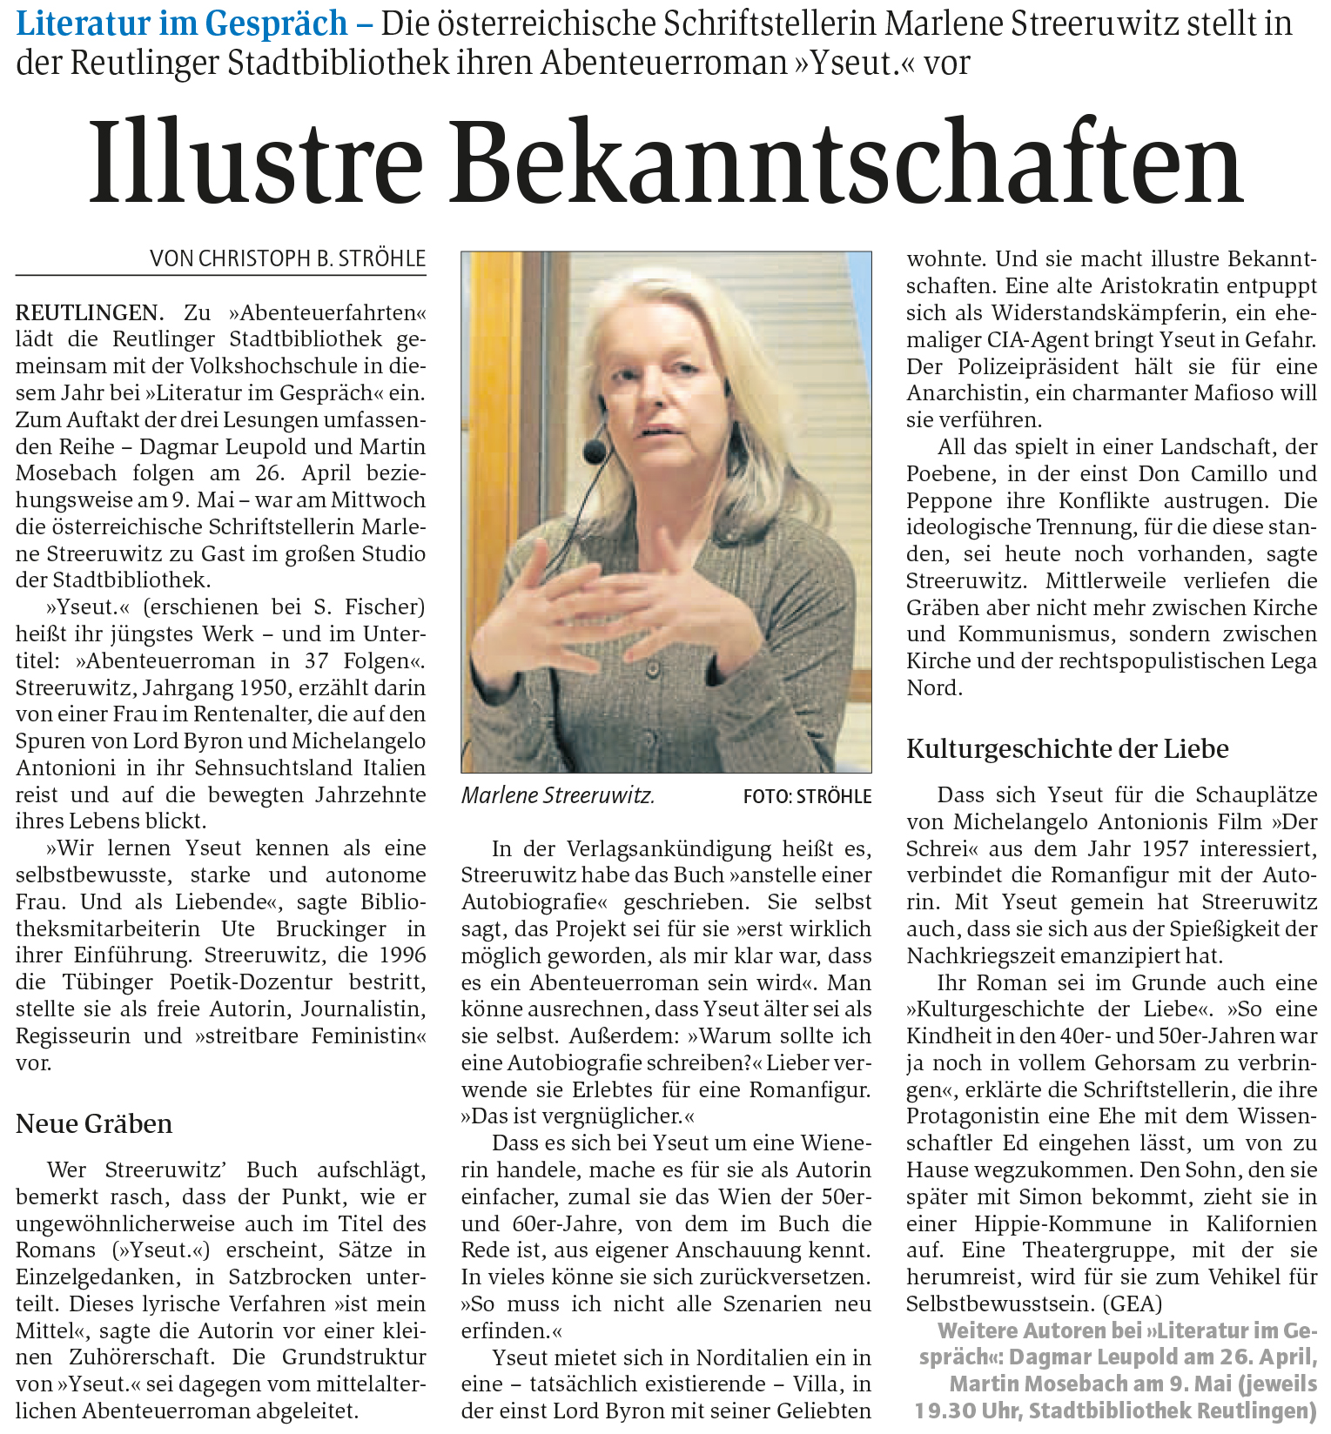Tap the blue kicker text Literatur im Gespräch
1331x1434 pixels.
pyautogui.click(x=181, y=23)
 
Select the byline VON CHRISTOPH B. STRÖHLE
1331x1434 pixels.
pyautogui.click(x=287, y=258)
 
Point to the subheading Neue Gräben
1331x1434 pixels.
pyautogui.click(x=94, y=1123)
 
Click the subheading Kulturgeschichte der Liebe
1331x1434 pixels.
pyautogui.click(x=1067, y=748)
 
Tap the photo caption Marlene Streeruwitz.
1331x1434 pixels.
pyautogui.click(x=557, y=795)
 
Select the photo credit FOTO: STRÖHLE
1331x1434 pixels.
pyautogui.click(x=807, y=796)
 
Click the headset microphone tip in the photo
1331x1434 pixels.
pyautogui.click(x=595, y=450)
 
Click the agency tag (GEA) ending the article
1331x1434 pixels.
pyautogui.click(x=1133, y=1303)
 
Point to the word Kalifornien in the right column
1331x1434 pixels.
pyautogui.click(x=1261, y=1223)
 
